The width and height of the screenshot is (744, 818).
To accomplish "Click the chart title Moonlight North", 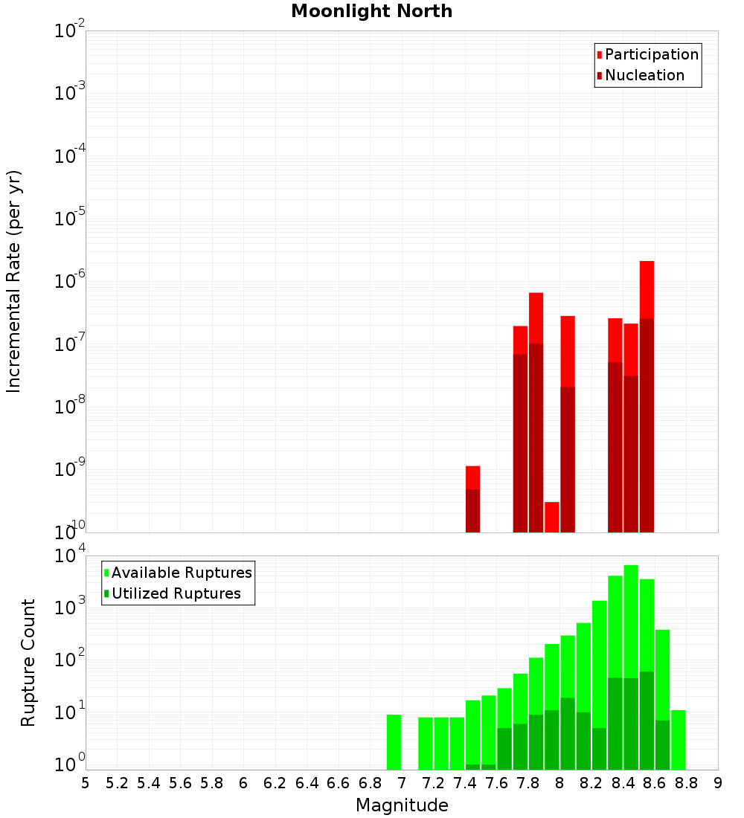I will click(x=371, y=11).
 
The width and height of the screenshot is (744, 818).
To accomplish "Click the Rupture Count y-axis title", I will click(x=28, y=663).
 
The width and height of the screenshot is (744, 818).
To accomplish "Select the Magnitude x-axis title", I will click(x=402, y=805).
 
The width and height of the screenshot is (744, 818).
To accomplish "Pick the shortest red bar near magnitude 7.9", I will click(x=551, y=517).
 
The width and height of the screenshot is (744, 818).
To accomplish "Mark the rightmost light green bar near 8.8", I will click(x=678, y=739).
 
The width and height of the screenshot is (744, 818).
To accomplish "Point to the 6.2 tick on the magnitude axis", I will click(x=275, y=783).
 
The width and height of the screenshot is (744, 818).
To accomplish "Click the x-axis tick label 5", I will click(x=86, y=783).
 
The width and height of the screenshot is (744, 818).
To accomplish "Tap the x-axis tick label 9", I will click(x=718, y=783).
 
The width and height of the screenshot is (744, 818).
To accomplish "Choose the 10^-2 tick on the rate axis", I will click(x=70, y=31).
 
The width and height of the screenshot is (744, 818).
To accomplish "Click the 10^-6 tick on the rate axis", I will click(x=70, y=282).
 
